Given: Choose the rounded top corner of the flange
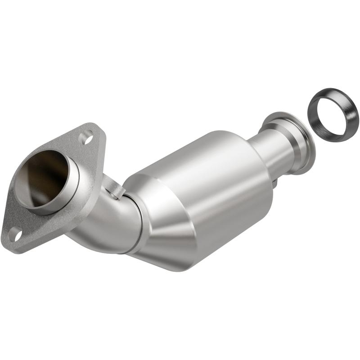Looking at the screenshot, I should coord(92,128).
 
